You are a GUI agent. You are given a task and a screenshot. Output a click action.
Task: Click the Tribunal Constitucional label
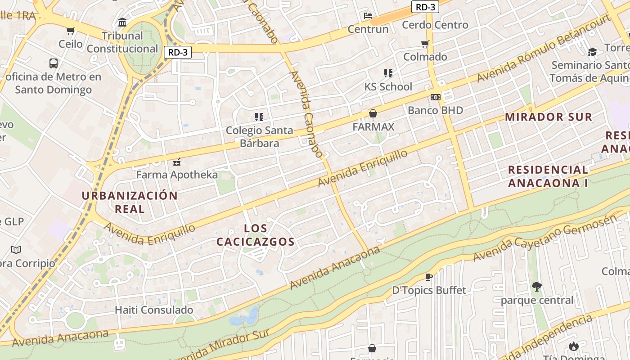122,42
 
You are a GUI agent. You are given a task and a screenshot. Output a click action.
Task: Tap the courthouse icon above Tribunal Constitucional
122,22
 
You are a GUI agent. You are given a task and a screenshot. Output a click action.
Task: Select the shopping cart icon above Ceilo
70,31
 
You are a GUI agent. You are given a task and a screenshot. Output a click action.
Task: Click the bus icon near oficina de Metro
54,63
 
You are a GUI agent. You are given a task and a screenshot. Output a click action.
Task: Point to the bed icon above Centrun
368,16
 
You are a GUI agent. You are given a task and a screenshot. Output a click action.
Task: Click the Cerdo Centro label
435,25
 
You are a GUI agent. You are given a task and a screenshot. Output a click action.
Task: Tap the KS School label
388,86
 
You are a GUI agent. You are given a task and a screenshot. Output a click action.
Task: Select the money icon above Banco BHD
435,97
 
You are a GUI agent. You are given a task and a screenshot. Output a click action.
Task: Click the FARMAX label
373,127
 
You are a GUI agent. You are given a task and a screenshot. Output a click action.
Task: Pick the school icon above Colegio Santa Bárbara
259,117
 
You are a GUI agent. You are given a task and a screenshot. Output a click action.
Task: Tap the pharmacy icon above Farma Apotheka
177,162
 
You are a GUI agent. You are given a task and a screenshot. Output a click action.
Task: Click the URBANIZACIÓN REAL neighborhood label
130,202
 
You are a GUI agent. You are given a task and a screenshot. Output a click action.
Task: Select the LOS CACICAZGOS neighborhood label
256,235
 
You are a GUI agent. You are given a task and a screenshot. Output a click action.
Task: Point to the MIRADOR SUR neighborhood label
548,117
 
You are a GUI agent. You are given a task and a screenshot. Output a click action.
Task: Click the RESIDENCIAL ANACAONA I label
548,176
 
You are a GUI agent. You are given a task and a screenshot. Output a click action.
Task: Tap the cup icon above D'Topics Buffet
429,277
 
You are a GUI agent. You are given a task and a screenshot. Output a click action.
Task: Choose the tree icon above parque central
536,286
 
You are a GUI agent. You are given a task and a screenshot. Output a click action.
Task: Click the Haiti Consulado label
154,310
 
